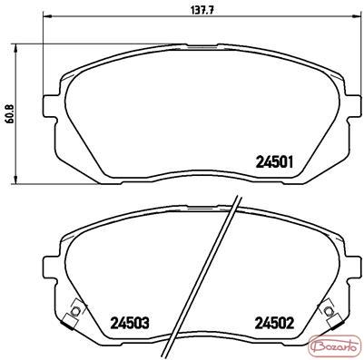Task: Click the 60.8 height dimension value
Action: click(10, 114)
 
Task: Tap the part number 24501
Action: click(275, 162)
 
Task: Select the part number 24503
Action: click(130, 324)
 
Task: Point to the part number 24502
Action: click(275, 324)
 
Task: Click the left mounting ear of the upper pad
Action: click(51, 106)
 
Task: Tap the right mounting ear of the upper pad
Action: click(355, 106)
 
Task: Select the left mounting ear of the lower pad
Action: click(51, 268)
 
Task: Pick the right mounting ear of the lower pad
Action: click(355, 268)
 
